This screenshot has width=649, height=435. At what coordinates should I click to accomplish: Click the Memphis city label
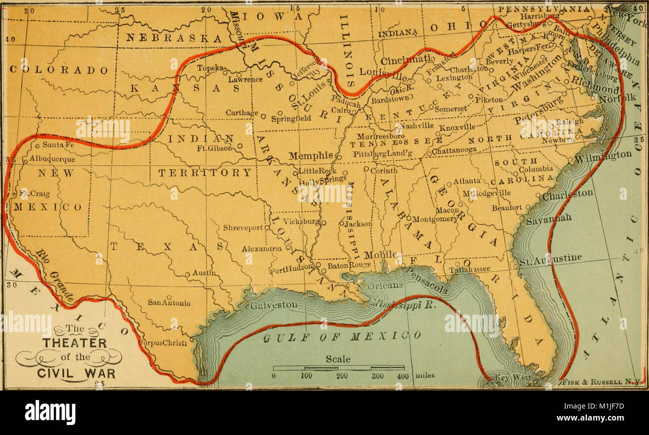310,156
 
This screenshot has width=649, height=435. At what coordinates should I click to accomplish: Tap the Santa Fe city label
58,145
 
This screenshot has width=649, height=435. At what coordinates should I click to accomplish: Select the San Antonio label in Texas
169,302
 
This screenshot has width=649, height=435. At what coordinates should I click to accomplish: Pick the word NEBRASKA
174,38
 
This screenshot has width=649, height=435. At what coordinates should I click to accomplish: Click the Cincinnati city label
406,60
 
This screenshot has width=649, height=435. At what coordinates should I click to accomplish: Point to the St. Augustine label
550,259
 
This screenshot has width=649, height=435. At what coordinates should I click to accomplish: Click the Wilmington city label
603,156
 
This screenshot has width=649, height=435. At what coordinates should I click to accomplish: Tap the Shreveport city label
243,227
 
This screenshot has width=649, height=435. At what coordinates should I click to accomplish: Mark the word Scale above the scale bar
338,359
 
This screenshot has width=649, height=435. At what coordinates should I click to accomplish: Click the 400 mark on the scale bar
402,376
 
